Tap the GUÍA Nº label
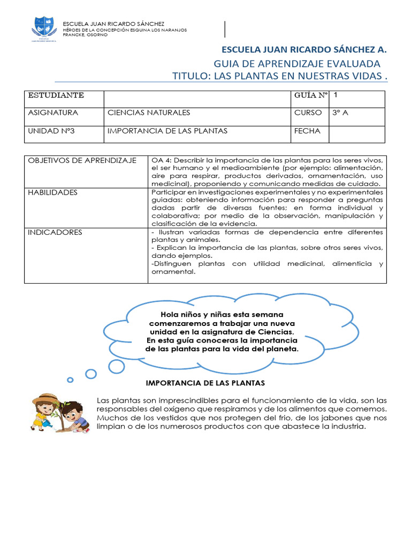click(310, 95)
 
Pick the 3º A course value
click(340, 113)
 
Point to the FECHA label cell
click(307, 131)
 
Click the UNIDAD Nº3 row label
click(51, 131)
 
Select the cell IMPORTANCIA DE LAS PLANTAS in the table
click(168, 131)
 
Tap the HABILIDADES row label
click(52, 192)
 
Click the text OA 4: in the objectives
click(162, 161)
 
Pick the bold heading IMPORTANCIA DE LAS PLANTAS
click(205, 383)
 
